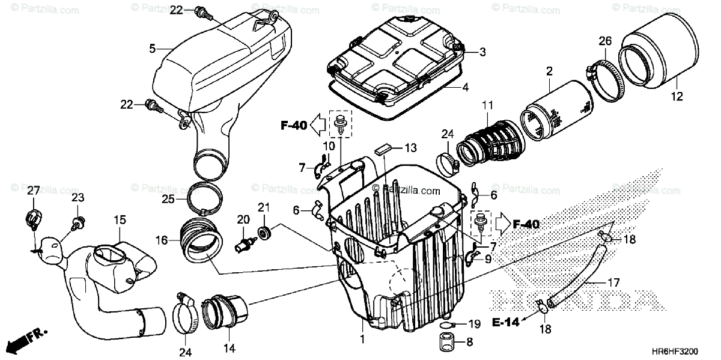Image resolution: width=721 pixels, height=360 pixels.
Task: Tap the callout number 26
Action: pyautogui.click(x=604, y=41)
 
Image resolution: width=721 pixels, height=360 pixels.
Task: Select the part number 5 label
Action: pyautogui.click(x=152, y=47)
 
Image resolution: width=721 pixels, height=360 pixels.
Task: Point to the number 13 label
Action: pyautogui.click(x=410, y=148)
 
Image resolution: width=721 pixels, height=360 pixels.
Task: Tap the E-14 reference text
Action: pyautogui.click(x=508, y=322)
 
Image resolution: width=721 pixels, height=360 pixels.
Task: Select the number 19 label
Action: pyautogui.click(x=475, y=325)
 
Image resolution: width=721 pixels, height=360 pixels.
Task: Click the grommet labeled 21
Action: pyautogui.click(x=263, y=232)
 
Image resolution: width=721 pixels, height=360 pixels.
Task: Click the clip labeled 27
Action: pyautogui.click(x=32, y=216)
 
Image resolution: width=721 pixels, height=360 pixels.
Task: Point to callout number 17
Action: pyautogui.click(x=613, y=281)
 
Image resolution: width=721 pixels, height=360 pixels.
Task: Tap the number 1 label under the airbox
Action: pyautogui.click(x=363, y=339)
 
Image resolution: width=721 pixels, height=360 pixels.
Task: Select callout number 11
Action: pyautogui.click(x=487, y=107)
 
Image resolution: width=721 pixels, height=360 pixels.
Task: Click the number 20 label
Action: pyautogui.click(x=243, y=221)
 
